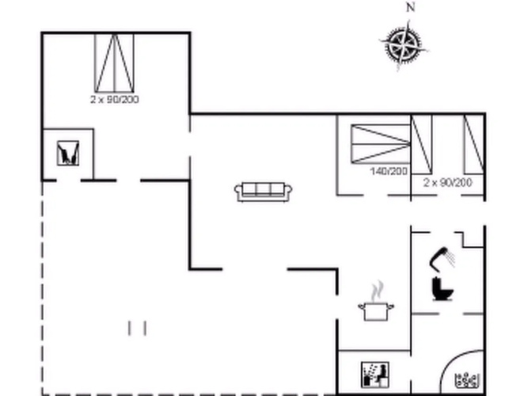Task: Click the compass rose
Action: [404, 45]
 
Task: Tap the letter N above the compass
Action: [410, 7]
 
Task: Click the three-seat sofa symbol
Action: [263, 192]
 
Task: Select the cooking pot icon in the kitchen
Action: [376, 310]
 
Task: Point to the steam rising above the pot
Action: [378, 291]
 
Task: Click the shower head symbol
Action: [443, 258]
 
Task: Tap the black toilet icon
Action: [443, 288]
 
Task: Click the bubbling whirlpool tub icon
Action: [467, 379]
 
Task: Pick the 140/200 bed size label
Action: [389, 171]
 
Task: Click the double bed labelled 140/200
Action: [381, 144]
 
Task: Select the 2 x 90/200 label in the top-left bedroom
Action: [115, 100]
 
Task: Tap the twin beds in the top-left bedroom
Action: [114, 63]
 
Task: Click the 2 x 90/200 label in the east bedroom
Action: [447, 183]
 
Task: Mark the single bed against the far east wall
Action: [474, 145]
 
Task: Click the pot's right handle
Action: [390, 307]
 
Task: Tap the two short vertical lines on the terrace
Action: [137, 328]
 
